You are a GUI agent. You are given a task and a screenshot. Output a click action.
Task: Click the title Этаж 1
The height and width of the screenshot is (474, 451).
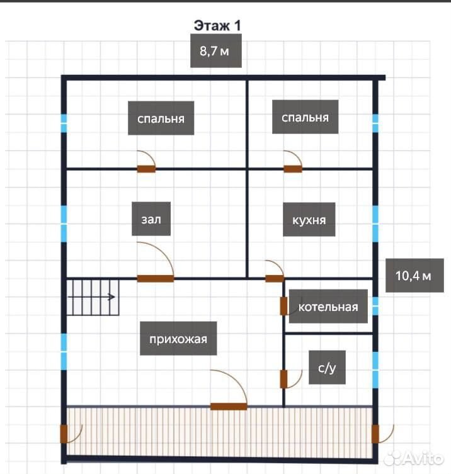(x=217, y=26)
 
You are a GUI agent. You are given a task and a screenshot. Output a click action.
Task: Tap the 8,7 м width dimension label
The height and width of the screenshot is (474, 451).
(x=216, y=51)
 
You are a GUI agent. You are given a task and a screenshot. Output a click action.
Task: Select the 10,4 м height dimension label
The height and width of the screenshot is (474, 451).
(x=414, y=275)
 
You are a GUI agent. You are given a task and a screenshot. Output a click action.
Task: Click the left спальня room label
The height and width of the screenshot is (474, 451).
(x=161, y=118)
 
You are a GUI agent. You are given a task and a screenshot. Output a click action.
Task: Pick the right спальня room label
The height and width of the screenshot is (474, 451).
(x=305, y=117)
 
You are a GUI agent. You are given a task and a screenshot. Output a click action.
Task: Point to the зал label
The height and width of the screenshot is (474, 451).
(x=151, y=219)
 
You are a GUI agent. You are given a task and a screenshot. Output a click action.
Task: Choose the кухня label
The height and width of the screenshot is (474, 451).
(x=309, y=220)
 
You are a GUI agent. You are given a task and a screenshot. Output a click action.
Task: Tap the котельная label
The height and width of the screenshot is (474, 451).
(x=329, y=307)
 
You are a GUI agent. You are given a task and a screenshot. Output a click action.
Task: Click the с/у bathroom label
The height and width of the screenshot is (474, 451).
(x=327, y=368)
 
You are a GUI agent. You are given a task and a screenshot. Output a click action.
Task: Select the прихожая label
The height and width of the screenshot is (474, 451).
(x=178, y=339)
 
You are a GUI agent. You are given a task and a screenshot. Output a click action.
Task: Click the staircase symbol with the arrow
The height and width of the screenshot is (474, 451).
(x=93, y=298)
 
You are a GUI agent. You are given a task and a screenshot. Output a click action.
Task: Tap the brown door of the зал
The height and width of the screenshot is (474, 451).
(x=156, y=278)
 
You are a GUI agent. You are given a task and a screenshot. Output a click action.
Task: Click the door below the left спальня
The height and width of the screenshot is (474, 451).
(x=146, y=169)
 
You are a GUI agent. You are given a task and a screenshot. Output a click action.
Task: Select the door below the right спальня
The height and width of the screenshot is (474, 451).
(x=293, y=169)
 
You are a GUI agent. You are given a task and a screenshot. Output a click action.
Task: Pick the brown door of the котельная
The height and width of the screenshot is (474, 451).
(x=283, y=306)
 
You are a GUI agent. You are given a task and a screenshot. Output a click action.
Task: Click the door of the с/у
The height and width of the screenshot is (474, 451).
(x=283, y=379)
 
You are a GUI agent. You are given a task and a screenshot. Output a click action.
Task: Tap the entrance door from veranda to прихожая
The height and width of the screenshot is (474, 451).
(x=229, y=407)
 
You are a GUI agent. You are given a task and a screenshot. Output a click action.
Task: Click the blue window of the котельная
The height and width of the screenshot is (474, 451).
(x=375, y=306)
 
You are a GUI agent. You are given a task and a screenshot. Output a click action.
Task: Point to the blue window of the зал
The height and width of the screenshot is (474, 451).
(x=64, y=223)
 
